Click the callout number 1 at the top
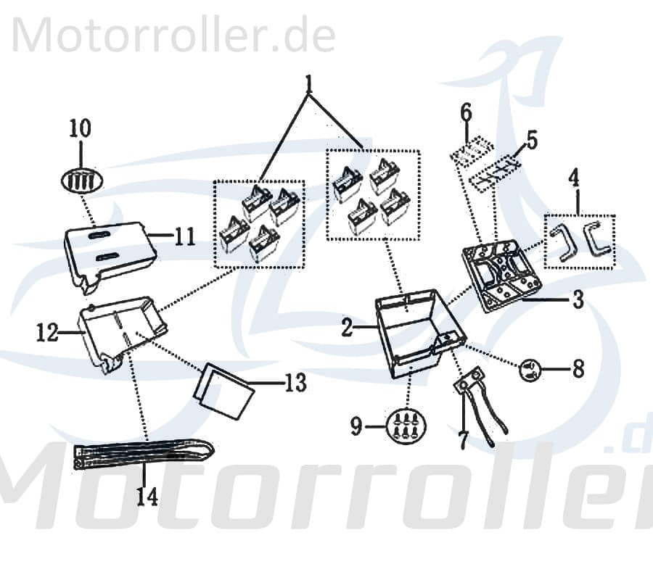pyautogui.click(x=309, y=85)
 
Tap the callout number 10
pyautogui.click(x=81, y=129)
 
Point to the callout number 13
pyautogui.click(x=295, y=382)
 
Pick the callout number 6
pyautogui.click(x=466, y=112)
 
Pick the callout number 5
pyautogui.click(x=533, y=140)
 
